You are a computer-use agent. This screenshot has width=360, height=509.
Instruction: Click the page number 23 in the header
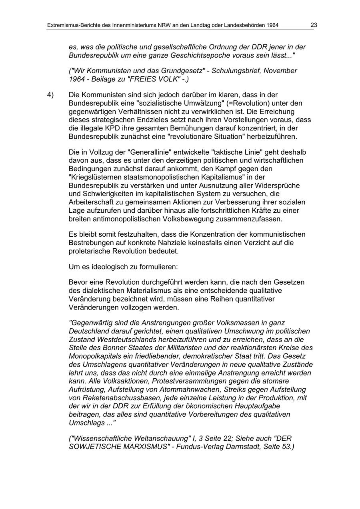(x=314, y=25)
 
